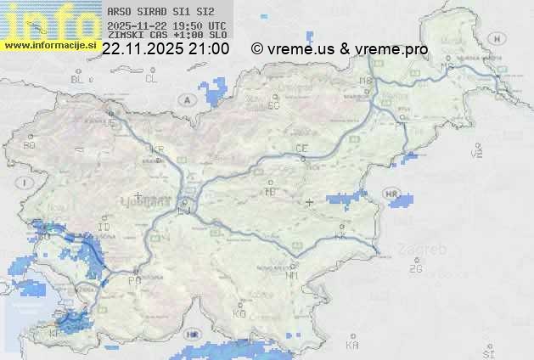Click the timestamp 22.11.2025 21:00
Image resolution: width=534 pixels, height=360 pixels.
(x=166, y=49)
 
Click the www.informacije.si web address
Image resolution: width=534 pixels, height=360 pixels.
(x=50, y=45)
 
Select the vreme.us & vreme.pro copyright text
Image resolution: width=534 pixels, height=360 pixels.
(x=340, y=49)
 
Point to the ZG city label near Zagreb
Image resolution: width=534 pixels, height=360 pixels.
(x=415, y=270)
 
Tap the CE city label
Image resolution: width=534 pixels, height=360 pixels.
(x=301, y=149)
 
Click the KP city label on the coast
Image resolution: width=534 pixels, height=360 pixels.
(x=56, y=335)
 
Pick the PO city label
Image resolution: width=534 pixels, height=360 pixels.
(x=134, y=280)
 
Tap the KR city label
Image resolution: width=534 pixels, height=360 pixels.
(x=157, y=150)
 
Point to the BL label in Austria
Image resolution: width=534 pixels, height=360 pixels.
(x=77, y=79)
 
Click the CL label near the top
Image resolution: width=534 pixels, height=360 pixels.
(x=151, y=79)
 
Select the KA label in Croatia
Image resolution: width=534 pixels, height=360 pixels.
(x=352, y=346)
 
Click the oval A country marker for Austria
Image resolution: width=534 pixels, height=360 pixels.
(x=186, y=99)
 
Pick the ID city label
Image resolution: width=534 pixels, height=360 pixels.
(x=104, y=228)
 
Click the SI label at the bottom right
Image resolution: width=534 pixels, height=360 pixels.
(x=487, y=353)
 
